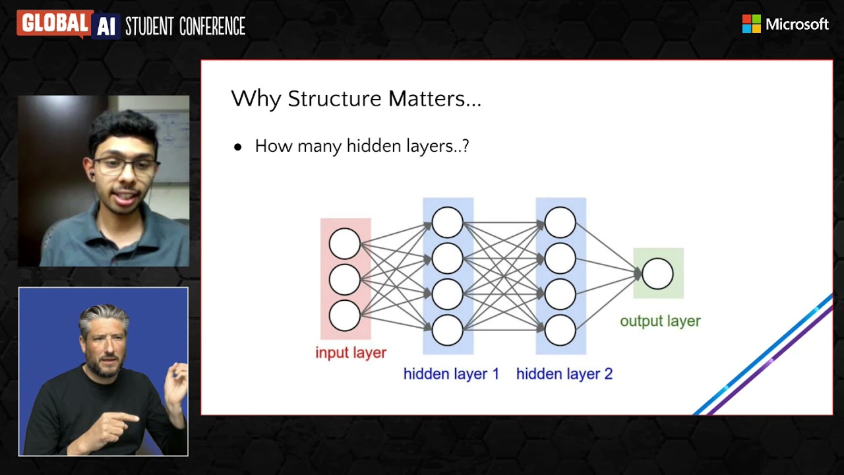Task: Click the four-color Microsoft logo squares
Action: point(751,24)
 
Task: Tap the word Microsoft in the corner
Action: point(797,24)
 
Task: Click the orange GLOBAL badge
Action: point(54,24)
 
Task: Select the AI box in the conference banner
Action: point(105,25)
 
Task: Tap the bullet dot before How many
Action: point(238,147)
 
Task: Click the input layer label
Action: point(350,352)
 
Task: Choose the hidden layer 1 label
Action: point(451,374)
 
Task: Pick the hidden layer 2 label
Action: point(564,374)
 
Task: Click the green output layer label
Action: point(660,321)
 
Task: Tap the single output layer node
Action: point(657,273)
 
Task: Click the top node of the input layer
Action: point(344,243)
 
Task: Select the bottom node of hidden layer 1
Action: point(447,330)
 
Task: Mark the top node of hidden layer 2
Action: point(560,222)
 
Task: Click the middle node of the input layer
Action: point(344,279)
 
